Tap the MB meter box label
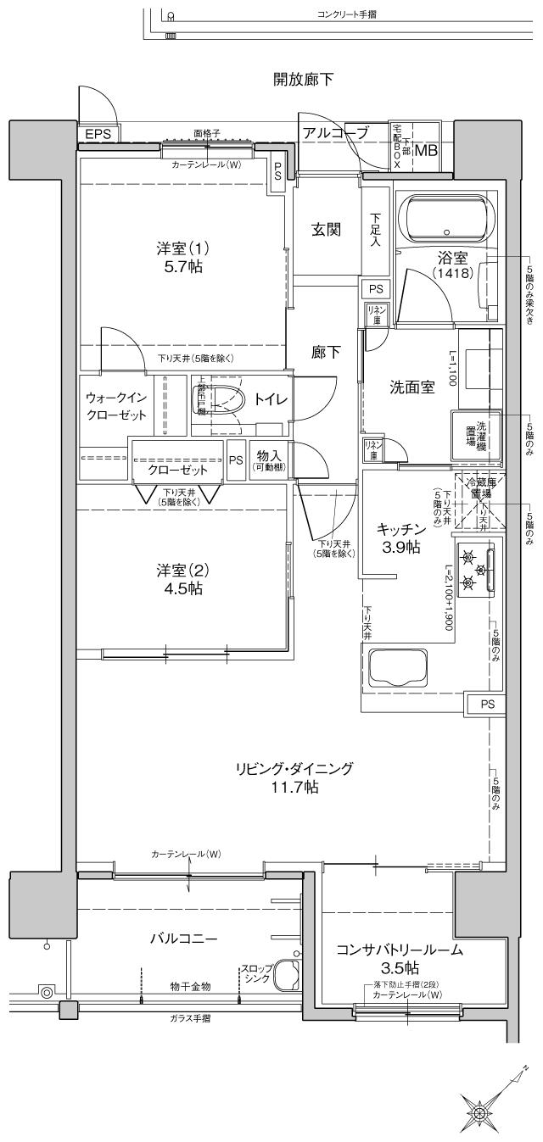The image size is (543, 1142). tap(427, 151)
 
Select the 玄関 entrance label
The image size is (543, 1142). tap(325, 229)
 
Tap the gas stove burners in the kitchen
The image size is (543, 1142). tap(475, 570)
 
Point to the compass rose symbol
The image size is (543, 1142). tap(480, 1111)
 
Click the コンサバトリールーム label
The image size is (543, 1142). tap(399, 950)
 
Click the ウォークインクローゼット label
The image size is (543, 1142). tap(117, 407)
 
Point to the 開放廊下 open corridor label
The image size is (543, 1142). tap(303, 80)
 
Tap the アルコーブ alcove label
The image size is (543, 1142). tap(336, 132)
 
